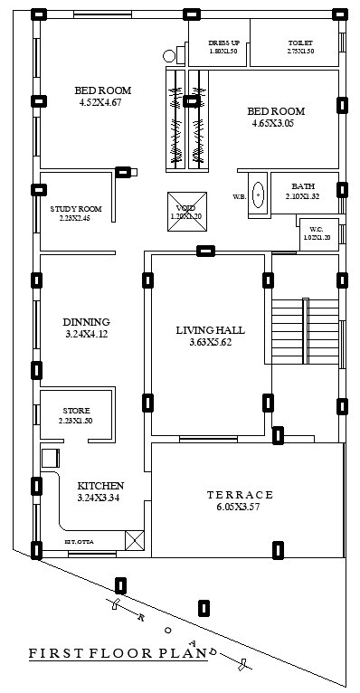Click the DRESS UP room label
pyautogui.click(x=223, y=43)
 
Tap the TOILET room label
pyautogui.click(x=299, y=43)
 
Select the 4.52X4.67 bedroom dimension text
pyautogui.click(x=102, y=103)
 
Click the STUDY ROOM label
pyautogui.click(x=75, y=209)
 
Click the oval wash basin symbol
pyautogui.click(x=258, y=195)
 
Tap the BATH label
pyautogui.click(x=302, y=186)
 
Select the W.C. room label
pyautogui.click(x=316, y=229)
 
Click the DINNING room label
pyautogui.click(x=86, y=322)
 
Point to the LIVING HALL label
pyautogui.click(x=210, y=330)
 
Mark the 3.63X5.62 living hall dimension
pyautogui.click(x=210, y=342)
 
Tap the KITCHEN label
pyautogui.click(x=100, y=486)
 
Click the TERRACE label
pyautogui.click(x=239, y=495)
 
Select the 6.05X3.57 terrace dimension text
pyautogui.click(x=239, y=508)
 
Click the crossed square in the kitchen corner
pyautogui.click(x=134, y=540)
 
